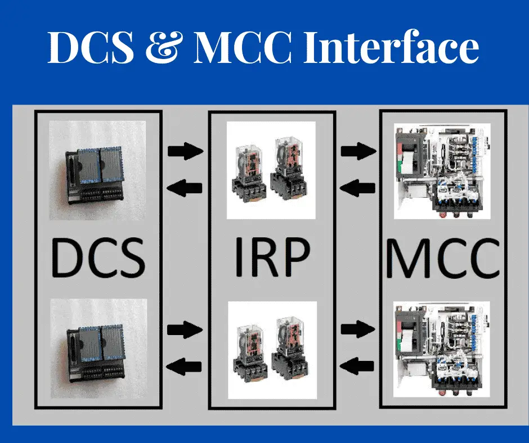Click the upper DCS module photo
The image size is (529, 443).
click(98, 170)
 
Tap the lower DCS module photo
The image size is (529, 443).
click(98, 347)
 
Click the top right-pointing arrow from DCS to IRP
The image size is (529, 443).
click(185, 150)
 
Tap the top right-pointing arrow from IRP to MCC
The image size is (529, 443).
click(358, 150)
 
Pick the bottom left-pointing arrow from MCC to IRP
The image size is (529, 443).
click(358, 367)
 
